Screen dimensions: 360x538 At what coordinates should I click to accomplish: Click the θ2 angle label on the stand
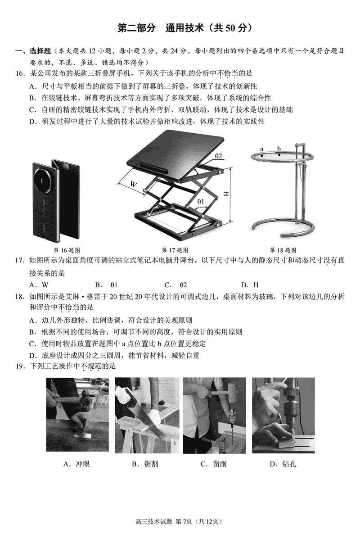click(x=218, y=156)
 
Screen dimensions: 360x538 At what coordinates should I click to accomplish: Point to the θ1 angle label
click(x=201, y=201)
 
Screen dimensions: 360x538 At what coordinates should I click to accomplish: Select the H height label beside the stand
click(x=226, y=194)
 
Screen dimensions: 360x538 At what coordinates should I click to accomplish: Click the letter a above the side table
click(x=261, y=149)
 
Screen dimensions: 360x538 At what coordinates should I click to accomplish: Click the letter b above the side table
click(x=279, y=148)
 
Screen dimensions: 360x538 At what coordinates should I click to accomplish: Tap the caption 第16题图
click(x=67, y=250)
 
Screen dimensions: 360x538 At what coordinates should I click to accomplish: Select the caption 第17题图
click(x=175, y=250)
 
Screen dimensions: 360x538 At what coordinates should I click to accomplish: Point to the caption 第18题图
click(x=283, y=250)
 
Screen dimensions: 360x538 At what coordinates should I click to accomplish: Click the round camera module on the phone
click(x=43, y=180)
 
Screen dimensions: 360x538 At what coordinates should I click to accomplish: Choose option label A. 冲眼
click(x=76, y=464)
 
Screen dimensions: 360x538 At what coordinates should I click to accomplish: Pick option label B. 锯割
click(x=145, y=464)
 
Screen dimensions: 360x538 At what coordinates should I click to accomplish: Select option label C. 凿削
click(x=214, y=464)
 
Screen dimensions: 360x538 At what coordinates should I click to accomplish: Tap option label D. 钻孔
click(x=283, y=464)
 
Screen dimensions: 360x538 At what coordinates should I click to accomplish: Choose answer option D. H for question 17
click(x=250, y=285)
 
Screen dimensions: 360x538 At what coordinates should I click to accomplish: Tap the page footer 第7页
click(x=184, y=521)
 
